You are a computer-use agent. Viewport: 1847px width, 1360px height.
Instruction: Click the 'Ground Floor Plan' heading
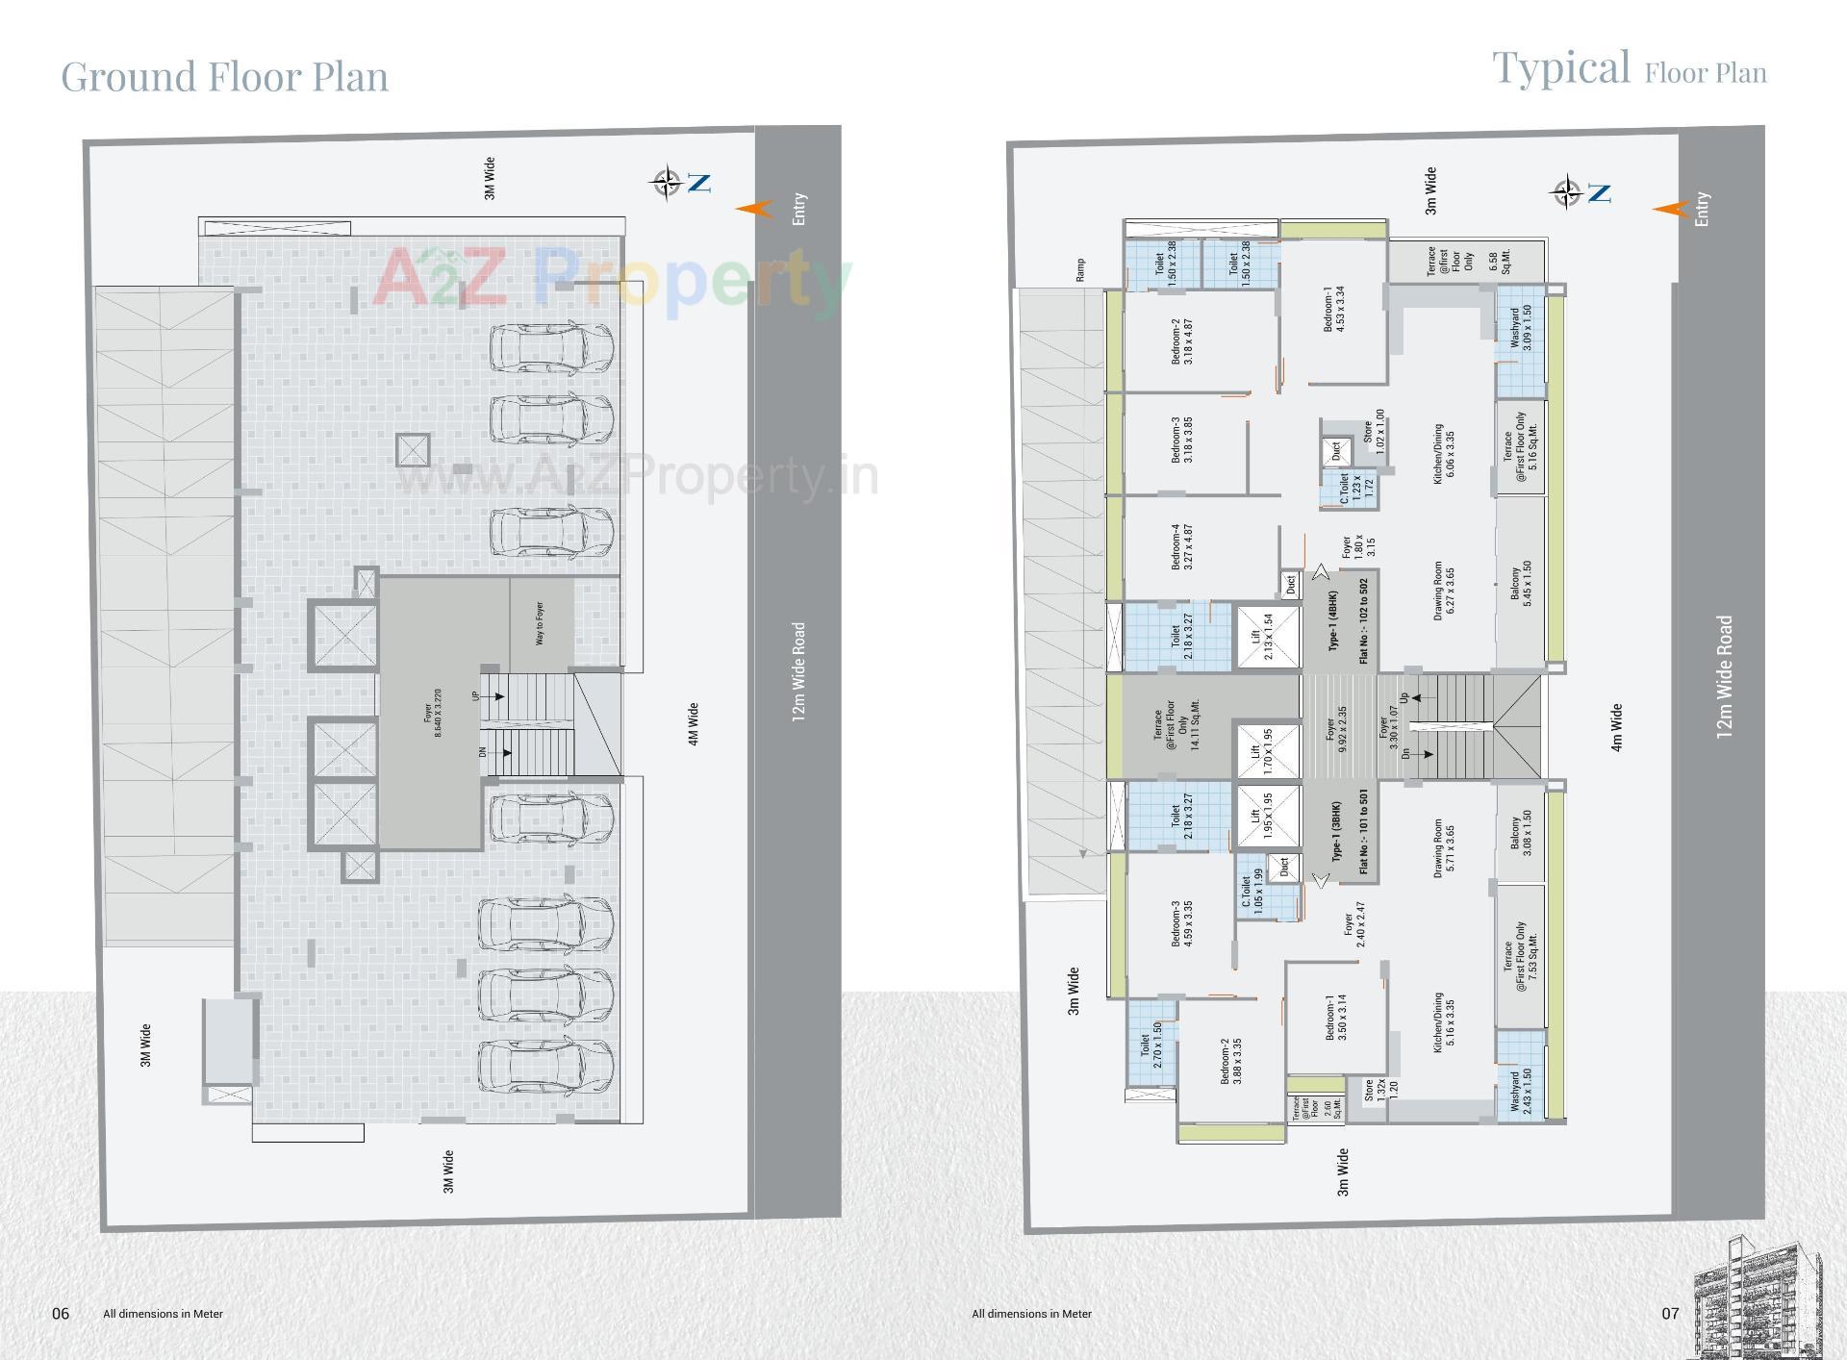coord(224,77)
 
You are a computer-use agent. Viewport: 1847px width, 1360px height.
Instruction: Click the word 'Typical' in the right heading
coord(1560,68)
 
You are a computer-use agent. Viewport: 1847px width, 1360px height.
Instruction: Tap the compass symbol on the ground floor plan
coord(666,182)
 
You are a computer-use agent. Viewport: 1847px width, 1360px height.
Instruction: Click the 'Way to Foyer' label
coord(540,623)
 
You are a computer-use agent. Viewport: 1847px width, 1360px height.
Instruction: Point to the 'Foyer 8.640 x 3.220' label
coord(433,713)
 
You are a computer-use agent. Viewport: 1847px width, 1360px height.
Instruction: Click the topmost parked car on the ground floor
coord(552,347)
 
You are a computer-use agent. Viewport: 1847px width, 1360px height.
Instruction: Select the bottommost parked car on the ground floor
coord(546,1066)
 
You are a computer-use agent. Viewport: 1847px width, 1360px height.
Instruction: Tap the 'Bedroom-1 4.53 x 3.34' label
coord(1334,309)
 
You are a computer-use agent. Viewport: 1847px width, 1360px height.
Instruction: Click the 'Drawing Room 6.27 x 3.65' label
coord(1444,591)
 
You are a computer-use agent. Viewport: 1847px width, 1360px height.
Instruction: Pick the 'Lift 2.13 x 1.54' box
coord(1262,637)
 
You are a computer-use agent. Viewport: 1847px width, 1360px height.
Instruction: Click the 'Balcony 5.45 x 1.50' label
coord(1521,583)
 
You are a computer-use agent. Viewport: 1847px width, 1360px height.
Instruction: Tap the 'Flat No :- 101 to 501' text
coord(1364,831)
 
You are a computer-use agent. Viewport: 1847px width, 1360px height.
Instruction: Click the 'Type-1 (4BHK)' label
coord(1333,620)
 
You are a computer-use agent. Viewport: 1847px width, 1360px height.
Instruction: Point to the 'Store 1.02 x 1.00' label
coord(1373,432)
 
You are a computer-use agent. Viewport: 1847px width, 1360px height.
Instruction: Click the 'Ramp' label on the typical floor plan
coord(1080,269)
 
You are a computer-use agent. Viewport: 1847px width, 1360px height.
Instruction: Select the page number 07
coord(1670,1313)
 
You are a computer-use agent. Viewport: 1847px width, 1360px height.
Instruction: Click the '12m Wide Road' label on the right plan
coord(1724,677)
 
